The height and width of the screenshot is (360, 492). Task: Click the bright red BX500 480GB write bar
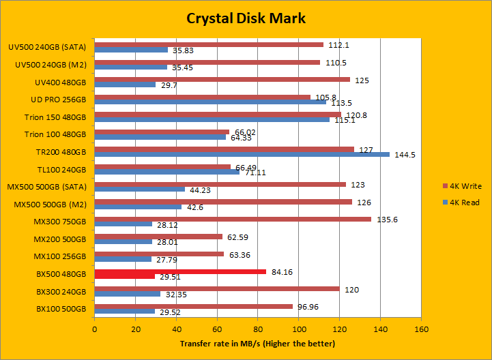point(180,272)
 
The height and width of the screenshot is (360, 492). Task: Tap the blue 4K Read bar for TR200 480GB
point(242,154)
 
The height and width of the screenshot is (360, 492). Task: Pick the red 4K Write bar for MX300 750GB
point(233,219)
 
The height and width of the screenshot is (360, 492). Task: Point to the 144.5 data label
point(404,155)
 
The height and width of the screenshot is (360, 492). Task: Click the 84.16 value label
point(280,272)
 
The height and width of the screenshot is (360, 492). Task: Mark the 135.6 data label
point(386,219)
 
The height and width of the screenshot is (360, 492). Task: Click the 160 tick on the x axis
point(421,329)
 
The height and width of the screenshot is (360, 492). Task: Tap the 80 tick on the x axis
point(258,329)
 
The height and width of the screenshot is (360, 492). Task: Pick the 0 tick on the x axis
point(95,329)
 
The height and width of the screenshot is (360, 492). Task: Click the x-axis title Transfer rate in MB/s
point(257,343)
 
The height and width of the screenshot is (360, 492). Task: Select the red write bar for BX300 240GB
point(217,288)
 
